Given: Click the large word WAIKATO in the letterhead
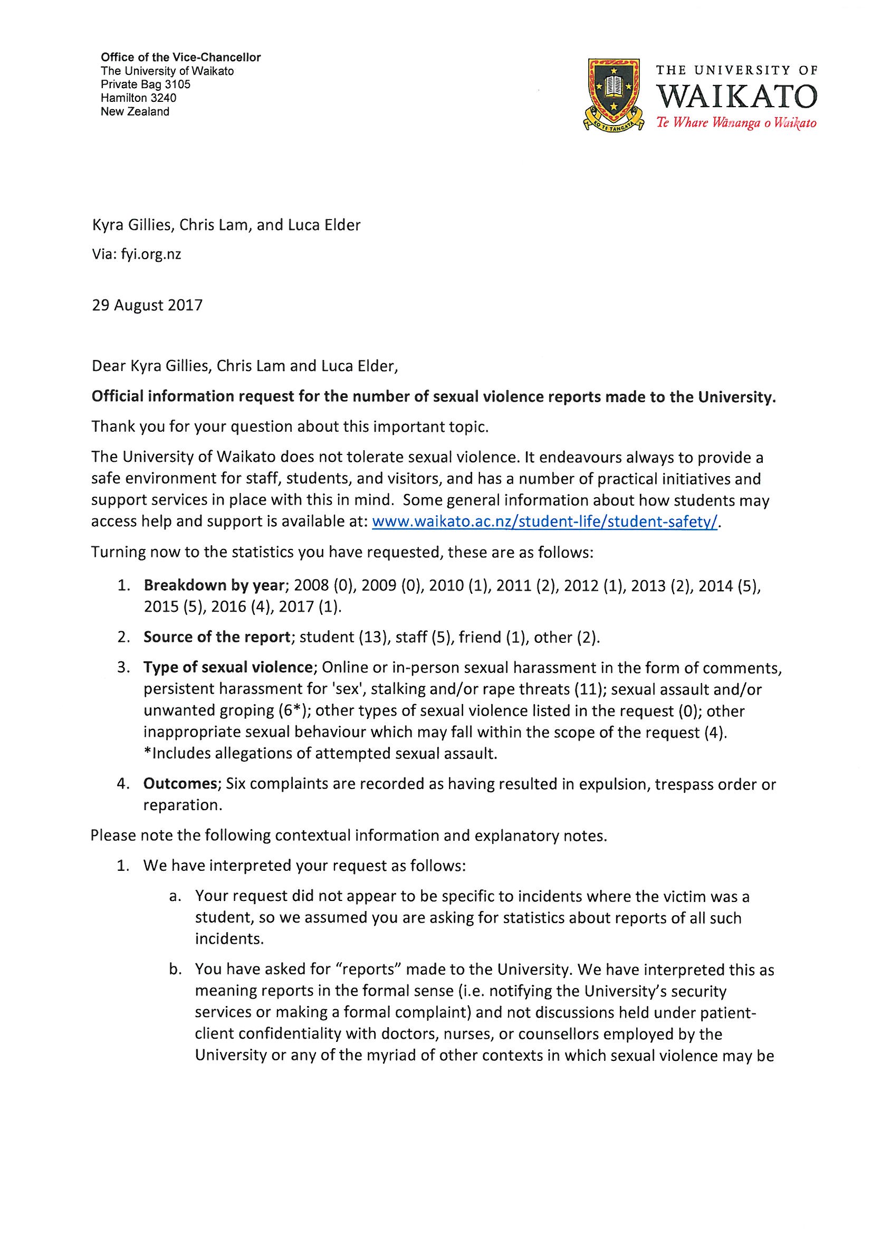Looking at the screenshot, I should point(736,97).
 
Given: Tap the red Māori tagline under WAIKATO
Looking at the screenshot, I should point(736,123).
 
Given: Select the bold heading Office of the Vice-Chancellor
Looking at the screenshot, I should point(181,58).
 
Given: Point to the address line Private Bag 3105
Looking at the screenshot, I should point(146,84).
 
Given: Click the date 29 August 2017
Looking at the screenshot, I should point(147,305).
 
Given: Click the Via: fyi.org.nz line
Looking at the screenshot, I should point(137,254).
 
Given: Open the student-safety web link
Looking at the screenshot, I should point(544,522).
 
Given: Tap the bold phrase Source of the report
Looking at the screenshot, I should point(217,637).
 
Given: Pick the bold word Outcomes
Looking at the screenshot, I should point(179,784).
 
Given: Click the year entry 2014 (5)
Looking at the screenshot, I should point(730,585).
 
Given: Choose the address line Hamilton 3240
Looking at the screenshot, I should point(139,98).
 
